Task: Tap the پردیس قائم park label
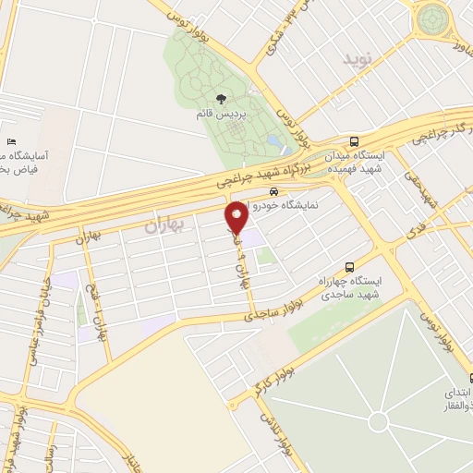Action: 220,112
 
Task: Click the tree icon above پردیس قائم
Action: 220,97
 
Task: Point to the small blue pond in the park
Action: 274,143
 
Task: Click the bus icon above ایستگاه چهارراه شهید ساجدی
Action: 350,262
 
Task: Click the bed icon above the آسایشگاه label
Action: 10,141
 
